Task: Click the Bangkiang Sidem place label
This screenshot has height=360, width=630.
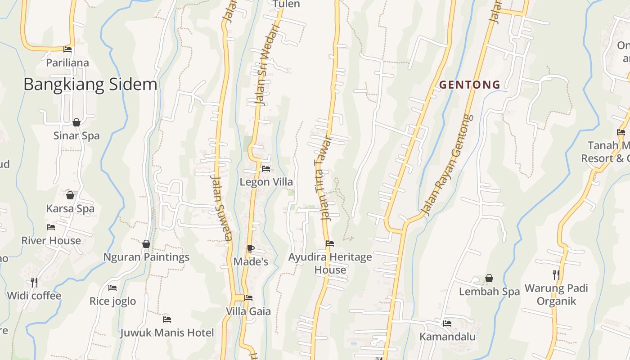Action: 90,85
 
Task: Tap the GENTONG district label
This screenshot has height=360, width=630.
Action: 470,85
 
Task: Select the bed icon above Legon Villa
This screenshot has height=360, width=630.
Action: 266,169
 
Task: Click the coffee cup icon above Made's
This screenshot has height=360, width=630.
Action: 251,248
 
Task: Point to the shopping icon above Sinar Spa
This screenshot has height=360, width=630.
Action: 76,122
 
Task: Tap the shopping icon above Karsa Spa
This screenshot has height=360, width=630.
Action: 70,195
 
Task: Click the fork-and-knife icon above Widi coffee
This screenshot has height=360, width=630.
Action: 34,282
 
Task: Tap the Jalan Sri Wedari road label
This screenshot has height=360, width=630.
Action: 266,65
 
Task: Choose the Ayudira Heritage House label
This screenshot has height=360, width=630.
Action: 330,263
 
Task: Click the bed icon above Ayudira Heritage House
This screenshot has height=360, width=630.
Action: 330,243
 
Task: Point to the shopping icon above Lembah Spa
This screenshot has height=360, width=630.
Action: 489,279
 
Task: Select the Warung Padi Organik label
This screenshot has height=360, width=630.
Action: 556,294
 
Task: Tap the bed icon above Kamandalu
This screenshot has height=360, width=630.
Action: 447,323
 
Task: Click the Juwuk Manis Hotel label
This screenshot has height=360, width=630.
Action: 167,333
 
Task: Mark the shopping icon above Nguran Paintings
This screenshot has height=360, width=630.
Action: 146,244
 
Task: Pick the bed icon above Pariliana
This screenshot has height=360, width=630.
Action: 67,49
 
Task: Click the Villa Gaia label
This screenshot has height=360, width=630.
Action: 248,311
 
